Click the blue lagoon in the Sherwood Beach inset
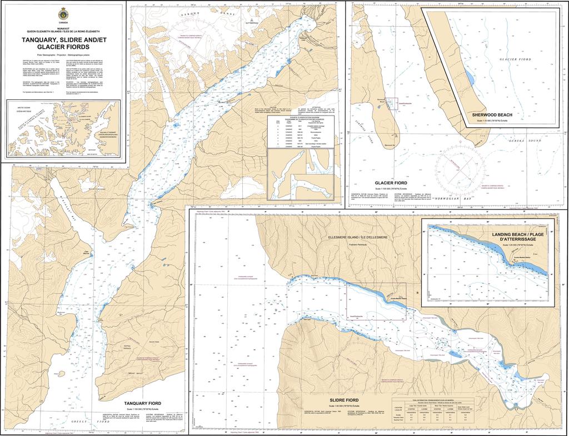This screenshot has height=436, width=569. coord(470,78)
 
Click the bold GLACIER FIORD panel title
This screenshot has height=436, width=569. coord(391,183)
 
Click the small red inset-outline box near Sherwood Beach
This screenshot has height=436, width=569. coord(392,102)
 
